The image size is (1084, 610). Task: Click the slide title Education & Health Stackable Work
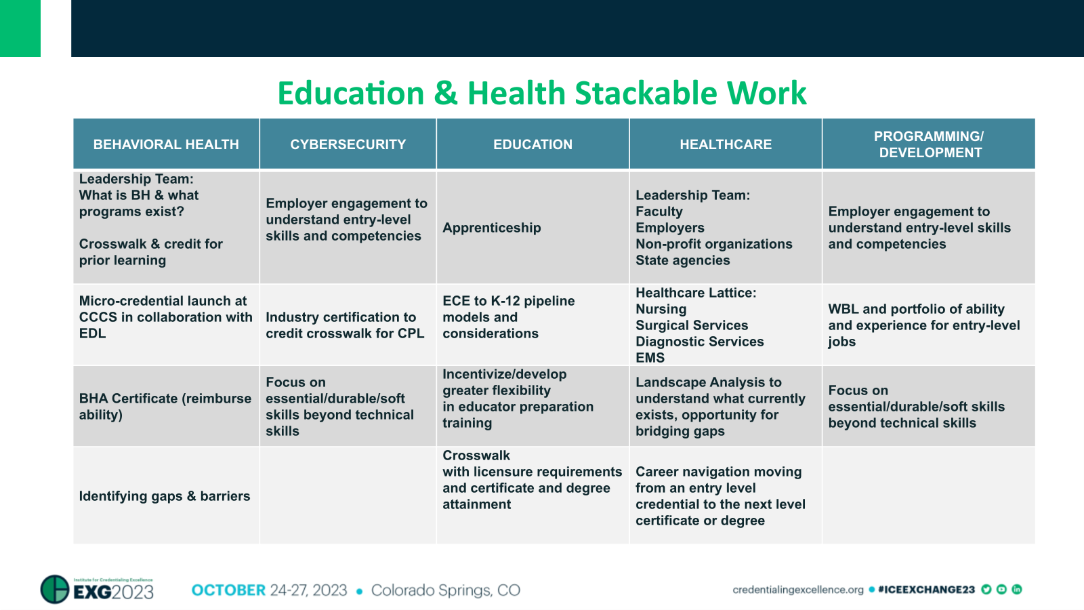(x=542, y=94)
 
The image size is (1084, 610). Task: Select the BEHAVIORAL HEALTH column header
(x=166, y=144)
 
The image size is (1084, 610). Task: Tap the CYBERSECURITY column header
(x=348, y=144)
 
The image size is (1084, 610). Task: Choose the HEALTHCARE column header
(x=726, y=144)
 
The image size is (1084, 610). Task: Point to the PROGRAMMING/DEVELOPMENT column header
(x=929, y=144)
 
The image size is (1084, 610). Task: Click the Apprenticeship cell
(x=492, y=228)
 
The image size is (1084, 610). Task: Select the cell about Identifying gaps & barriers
(x=165, y=496)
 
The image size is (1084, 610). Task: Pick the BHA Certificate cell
(x=165, y=407)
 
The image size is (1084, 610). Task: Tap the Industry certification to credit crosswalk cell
(x=345, y=325)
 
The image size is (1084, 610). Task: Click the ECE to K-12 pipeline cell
(x=508, y=317)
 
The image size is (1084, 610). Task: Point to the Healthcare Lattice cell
(x=699, y=325)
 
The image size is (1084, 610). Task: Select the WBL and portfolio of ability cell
(x=923, y=325)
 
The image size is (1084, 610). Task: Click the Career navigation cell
(x=720, y=496)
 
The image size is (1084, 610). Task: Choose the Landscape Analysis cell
(x=720, y=407)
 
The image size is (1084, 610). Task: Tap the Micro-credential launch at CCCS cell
(x=165, y=317)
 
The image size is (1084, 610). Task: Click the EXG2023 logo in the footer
(x=98, y=590)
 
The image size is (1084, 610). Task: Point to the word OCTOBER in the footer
(x=228, y=590)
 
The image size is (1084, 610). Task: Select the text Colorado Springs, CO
(x=445, y=590)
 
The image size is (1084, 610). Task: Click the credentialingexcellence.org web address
(x=797, y=590)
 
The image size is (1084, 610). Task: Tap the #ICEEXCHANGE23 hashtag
(x=926, y=590)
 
